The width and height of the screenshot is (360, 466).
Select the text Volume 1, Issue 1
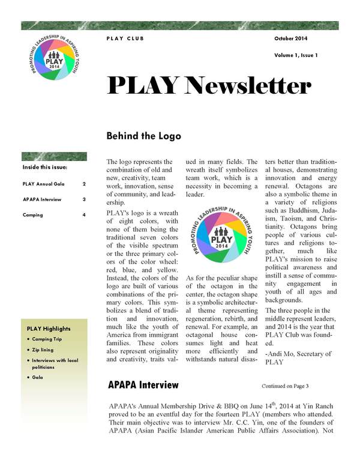(296, 55)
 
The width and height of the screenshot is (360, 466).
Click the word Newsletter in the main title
(245, 87)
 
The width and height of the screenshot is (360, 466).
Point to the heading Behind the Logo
(143, 136)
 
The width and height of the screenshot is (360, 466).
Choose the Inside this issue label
(45, 167)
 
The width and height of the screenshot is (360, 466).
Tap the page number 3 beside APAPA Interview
(84, 199)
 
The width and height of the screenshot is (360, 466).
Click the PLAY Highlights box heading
(49, 328)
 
